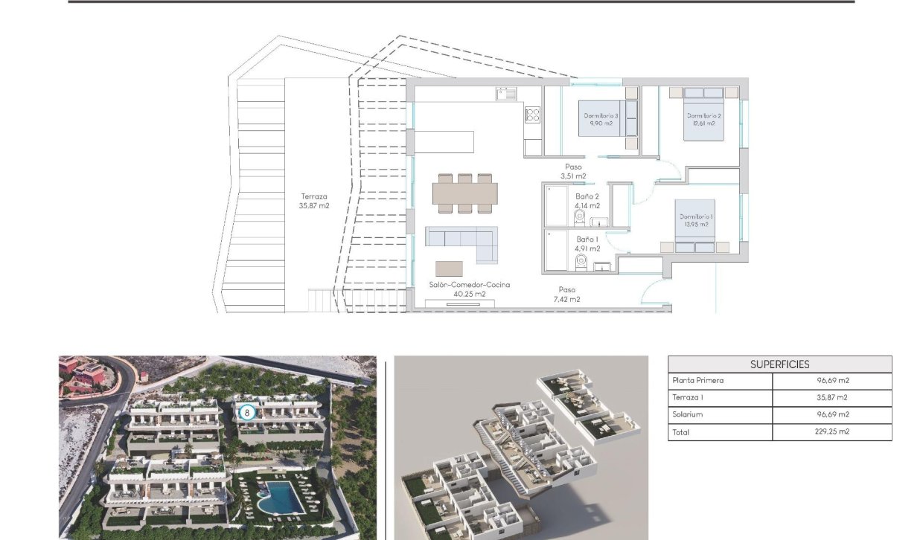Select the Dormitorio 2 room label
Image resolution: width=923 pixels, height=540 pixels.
click(x=703, y=120)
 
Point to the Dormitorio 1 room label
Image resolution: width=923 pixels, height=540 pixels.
click(x=695, y=220)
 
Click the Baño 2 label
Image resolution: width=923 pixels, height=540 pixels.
click(x=587, y=201)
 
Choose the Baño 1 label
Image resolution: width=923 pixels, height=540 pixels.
click(x=587, y=244)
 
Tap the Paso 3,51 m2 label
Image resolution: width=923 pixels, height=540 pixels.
click(x=572, y=172)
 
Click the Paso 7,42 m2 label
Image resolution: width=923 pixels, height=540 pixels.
click(x=566, y=295)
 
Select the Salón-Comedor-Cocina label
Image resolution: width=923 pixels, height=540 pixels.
click(x=469, y=289)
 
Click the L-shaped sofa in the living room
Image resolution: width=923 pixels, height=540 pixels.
click(x=461, y=242)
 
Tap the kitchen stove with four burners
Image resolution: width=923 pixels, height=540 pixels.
click(x=532, y=115)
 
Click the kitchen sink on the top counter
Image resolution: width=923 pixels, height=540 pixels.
click(x=507, y=94)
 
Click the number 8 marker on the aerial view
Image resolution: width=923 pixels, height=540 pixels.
click(x=248, y=411)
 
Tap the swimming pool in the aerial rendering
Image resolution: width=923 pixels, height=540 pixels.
click(x=282, y=496)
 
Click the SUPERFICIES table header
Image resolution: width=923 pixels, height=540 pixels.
click(x=779, y=364)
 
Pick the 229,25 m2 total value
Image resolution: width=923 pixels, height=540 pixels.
click(x=832, y=432)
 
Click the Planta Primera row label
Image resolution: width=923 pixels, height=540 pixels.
click(x=697, y=381)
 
